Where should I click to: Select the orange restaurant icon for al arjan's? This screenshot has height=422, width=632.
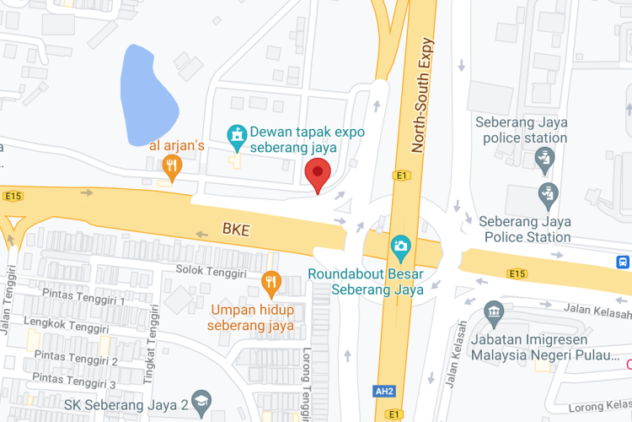(172, 168)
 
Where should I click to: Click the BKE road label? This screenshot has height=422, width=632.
(237, 229)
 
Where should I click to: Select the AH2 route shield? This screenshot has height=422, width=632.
(383, 391)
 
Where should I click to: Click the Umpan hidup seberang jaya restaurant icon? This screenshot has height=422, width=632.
(270, 283)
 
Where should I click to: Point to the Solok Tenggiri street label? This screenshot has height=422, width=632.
(211, 272)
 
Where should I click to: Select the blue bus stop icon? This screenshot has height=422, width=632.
(623, 262)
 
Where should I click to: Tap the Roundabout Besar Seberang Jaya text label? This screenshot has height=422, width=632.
(365, 282)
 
